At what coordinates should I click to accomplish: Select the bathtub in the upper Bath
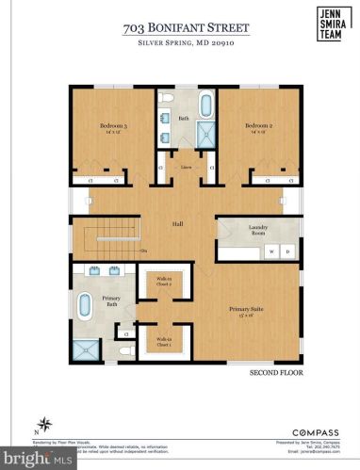click(205, 104)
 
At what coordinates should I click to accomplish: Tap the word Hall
click(176, 224)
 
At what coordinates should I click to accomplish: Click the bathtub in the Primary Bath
click(84, 306)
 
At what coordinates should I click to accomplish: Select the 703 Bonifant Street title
click(175, 29)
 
